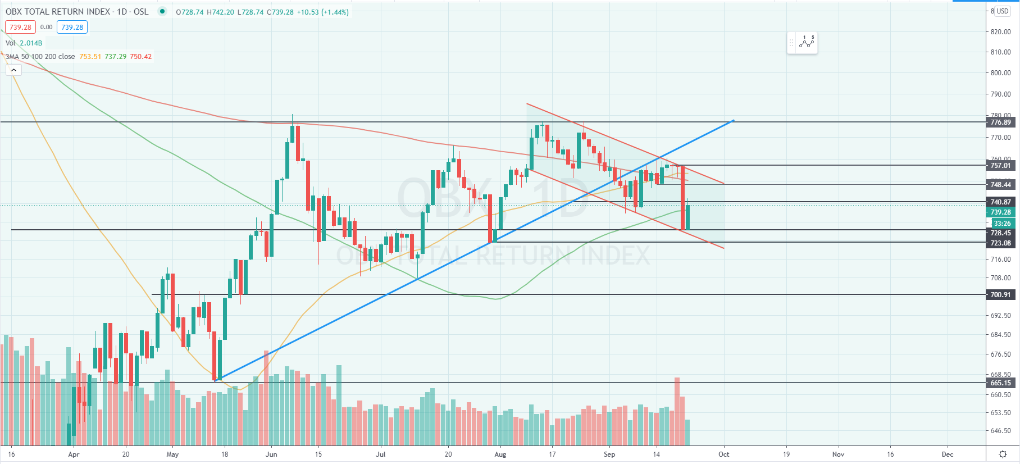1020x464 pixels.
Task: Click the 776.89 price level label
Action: pyautogui.click(x=1000, y=122)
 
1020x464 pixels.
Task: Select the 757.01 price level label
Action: pyautogui.click(x=1000, y=166)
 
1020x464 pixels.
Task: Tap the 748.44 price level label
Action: pyautogui.click(x=1000, y=185)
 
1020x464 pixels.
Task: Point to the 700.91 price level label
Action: pyautogui.click(x=1000, y=295)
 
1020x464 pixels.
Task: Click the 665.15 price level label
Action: pyautogui.click(x=1000, y=383)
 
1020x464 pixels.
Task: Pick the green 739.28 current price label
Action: pyautogui.click(x=1000, y=212)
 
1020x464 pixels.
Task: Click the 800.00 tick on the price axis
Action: pyautogui.click(x=1000, y=73)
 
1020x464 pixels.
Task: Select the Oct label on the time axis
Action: pyautogui.click(x=723, y=454)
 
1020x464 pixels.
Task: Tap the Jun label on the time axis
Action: pyautogui.click(x=271, y=454)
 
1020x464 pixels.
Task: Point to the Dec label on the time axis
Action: pyautogui.click(x=948, y=454)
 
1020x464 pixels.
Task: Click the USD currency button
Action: pyautogui.click(x=1003, y=11)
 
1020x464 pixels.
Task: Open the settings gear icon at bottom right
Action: pyautogui.click(x=1003, y=454)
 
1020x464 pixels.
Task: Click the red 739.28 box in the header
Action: pyautogui.click(x=21, y=27)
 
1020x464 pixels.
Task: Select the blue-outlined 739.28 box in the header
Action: pyautogui.click(x=72, y=27)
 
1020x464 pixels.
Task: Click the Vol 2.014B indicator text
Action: pyautogui.click(x=24, y=43)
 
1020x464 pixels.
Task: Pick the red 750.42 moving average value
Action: pyautogui.click(x=140, y=57)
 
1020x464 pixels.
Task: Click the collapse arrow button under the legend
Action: pyautogui.click(x=13, y=70)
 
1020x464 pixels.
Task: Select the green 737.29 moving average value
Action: pyautogui.click(x=115, y=57)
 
